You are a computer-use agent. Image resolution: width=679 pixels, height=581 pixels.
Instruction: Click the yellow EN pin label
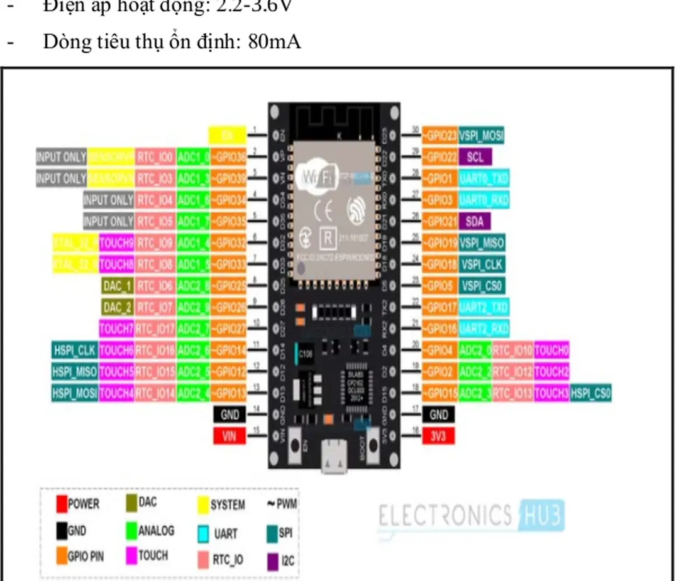click(226, 134)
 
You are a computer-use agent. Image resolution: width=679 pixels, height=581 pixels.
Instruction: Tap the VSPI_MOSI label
click(482, 135)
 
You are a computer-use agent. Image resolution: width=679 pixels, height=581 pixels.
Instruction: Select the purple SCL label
click(475, 157)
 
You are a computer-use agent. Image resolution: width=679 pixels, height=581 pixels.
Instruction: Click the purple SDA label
click(475, 221)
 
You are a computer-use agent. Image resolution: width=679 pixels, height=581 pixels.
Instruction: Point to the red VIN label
click(229, 435)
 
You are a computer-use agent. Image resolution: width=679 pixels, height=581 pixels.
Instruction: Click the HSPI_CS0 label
click(590, 393)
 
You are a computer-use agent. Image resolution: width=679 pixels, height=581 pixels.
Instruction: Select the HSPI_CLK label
click(74, 350)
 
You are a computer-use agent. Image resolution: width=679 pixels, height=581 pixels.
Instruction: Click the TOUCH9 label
click(116, 242)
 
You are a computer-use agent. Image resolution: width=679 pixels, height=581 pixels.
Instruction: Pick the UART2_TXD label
click(484, 307)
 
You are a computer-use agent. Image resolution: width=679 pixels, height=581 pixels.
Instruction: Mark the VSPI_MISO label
click(482, 242)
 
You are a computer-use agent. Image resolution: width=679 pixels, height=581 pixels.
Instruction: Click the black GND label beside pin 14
click(229, 415)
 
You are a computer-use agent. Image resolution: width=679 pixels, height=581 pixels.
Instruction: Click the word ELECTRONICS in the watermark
click(445, 516)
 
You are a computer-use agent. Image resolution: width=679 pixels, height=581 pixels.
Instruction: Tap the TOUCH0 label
click(551, 350)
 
